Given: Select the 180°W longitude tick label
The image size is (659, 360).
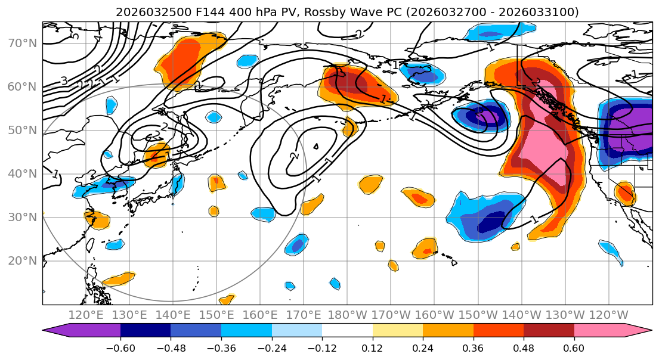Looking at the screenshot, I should (x=348, y=315).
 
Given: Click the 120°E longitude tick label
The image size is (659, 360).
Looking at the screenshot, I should (x=86, y=315).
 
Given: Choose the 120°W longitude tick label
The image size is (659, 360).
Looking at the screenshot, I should (x=609, y=315).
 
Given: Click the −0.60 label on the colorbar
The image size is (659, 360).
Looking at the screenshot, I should (x=120, y=348).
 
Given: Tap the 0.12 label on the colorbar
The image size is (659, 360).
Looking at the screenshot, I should (x=373, y=348).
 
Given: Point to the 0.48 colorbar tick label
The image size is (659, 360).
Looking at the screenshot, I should (x=524, y=348).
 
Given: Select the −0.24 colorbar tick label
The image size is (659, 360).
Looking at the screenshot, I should (x=272, y=348).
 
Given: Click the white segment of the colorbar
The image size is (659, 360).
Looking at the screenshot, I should (x=347, y=331).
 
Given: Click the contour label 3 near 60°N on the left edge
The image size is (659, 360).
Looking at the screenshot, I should (x=63, y=81).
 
